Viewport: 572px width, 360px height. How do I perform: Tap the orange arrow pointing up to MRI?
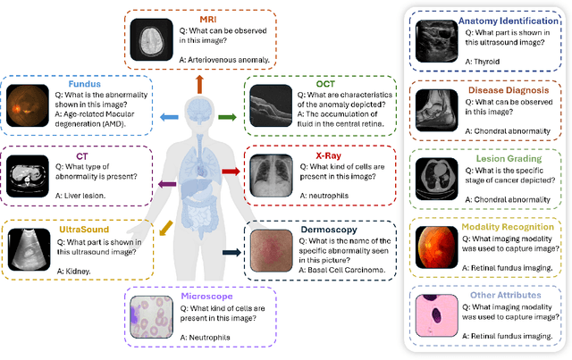click(x=198, y=85)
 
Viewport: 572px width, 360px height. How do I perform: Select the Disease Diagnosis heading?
click(x=499, y=89)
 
